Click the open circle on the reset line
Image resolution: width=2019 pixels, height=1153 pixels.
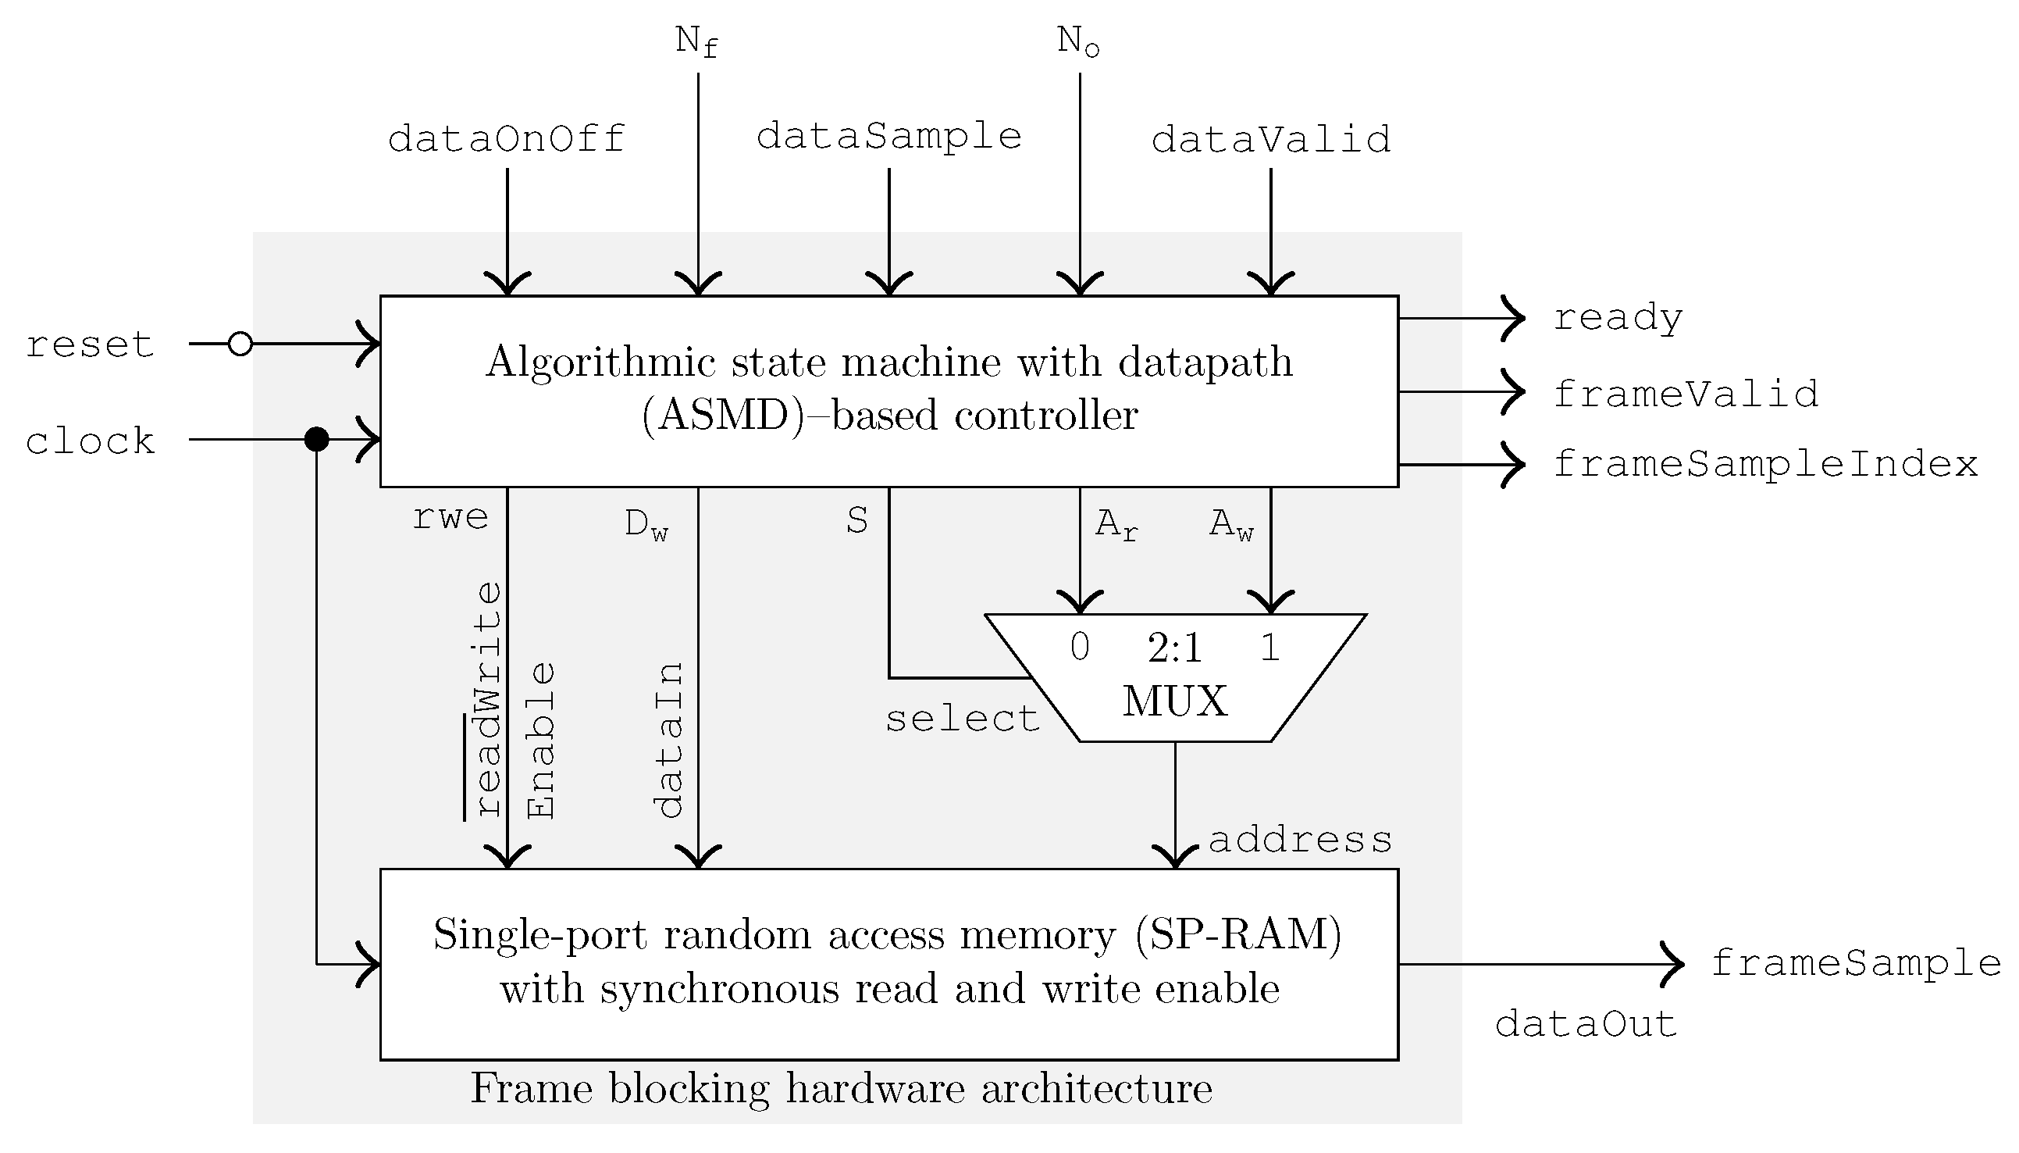(240, 344)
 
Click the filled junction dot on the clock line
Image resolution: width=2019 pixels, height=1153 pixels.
(316, 439)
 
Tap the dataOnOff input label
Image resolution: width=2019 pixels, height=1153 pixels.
(507, 139)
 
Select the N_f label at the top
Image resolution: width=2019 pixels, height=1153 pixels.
(696, 41)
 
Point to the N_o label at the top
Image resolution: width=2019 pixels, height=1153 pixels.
(1078, 41)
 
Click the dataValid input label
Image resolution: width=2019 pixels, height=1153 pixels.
(1270, 139)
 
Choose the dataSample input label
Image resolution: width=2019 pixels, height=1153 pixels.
(888, 137)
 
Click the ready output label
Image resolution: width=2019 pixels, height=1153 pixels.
(1617, 319)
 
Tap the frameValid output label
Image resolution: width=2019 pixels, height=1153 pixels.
(1685, 394)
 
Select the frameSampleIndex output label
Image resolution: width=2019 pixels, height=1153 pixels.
(1765, 464)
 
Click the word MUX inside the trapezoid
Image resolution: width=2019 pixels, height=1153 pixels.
(1174, 701)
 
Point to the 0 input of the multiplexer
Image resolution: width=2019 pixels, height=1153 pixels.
(1080, 648)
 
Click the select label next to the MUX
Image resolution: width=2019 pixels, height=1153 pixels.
(962, 719)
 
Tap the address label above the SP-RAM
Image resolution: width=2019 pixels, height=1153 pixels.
(1300, 841)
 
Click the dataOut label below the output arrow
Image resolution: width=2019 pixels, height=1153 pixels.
(1585, 1025)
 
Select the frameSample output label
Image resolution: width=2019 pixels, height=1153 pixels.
(1856, 964)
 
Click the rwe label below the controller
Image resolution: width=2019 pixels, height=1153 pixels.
(450, 518)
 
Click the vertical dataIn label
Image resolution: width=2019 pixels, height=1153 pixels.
(670, 741)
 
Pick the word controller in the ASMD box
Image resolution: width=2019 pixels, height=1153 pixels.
(1045, 415)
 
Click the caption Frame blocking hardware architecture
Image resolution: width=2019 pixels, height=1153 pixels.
(842, 1089)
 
